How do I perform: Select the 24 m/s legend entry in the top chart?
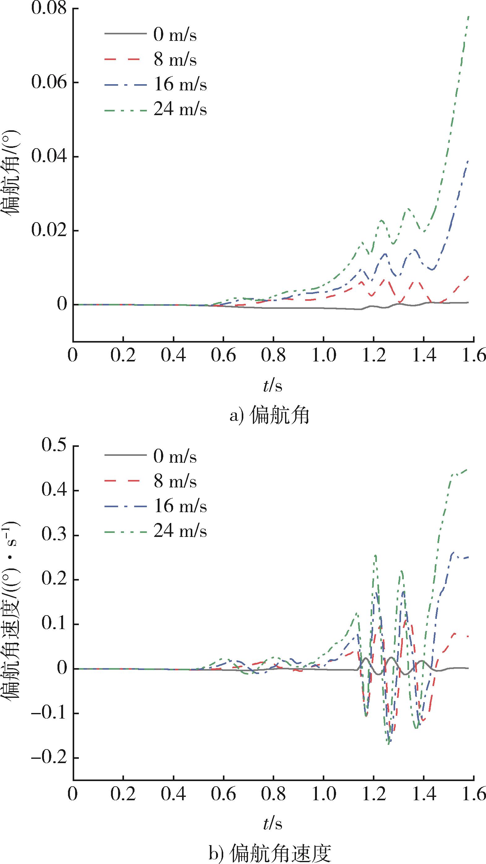180,109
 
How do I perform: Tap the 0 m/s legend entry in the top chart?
175,35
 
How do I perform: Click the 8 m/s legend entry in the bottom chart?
175,482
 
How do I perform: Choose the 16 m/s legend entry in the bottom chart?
180,507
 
